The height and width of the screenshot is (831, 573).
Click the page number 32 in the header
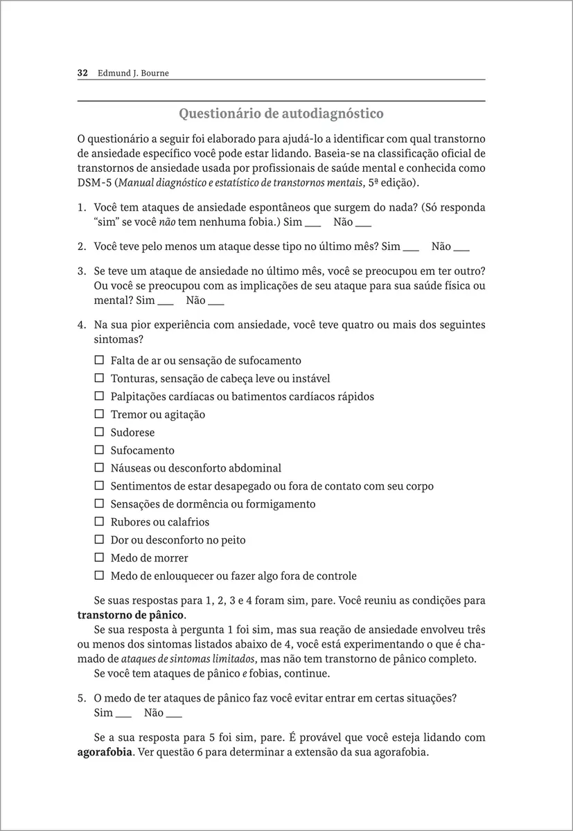pos(82,73)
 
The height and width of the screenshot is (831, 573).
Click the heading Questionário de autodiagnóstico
pos(281,112)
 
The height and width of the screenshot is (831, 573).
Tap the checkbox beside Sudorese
pos(98,432)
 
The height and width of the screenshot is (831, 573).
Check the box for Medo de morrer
pos(98,557)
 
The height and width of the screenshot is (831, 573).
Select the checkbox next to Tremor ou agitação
pos(98,414)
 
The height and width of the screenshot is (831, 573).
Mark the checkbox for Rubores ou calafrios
pos(98,521)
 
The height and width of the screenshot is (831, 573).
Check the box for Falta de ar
pos(98,360)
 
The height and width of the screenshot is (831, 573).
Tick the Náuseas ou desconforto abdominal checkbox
pos(98,468)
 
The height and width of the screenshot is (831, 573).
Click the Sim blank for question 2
pos(411,247)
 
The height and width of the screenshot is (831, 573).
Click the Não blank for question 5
pos(174,713)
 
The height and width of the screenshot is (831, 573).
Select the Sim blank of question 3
pos(166,301)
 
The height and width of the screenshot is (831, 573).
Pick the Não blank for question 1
pos(363,223)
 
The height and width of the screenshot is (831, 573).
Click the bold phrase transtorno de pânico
pos(130,615)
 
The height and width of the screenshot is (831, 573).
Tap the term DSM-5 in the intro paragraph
pos(93,184)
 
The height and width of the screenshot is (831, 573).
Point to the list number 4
pos(80,325)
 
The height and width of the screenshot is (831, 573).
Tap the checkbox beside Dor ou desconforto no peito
pos(98,539)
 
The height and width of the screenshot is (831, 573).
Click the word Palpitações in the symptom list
pos(139,397)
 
